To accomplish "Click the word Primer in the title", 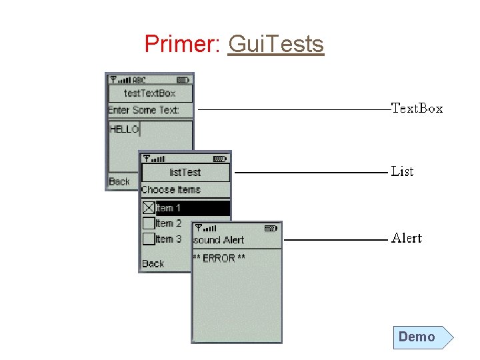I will pos(176,44).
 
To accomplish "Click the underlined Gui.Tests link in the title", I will pos(275,44).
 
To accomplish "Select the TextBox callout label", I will pos(417,108).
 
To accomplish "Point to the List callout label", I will pos(402,171).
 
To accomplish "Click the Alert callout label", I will pos(407,238).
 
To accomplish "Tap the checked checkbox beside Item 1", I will pos(149,208).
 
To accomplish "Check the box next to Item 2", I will pos(149,223).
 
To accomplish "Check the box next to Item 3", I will pos(149,239).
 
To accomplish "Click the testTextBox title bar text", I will pos(150,93).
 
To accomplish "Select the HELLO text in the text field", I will pos(124,129).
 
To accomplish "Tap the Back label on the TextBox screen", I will pos(119,181).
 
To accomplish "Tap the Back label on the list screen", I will pos(153,264).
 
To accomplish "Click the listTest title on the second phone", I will pos(185,173).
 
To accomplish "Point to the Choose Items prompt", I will pos(171,190).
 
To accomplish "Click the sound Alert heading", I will pos(219,240).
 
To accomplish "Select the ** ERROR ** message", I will pos(219,258).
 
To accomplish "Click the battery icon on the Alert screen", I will pos(270,228).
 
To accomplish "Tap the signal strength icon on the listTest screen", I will pos(154,159).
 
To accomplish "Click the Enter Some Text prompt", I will pos(144,110).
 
